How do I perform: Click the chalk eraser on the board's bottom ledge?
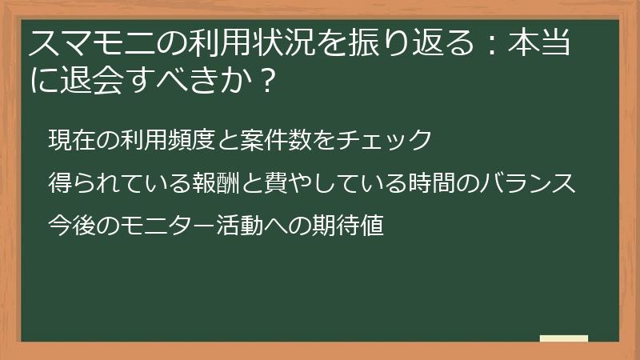(563, 338)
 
